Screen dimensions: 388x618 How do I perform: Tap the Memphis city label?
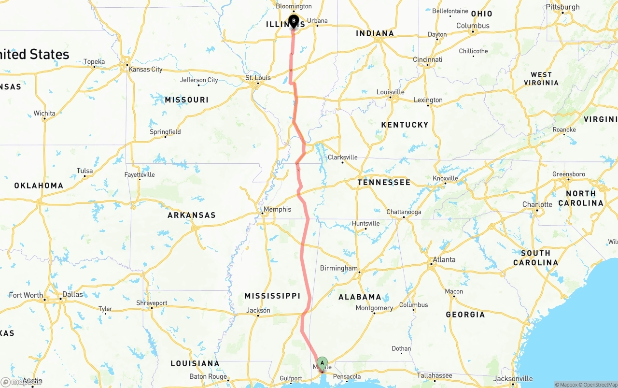coord(277,209)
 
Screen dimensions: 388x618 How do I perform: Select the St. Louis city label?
coord(258,78)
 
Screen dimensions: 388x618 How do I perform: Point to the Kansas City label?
coord(145,69)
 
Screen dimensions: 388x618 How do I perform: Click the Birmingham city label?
coord(339,268)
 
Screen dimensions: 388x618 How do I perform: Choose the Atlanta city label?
coord(444,259)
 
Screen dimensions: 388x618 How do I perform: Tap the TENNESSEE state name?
coord(384,182)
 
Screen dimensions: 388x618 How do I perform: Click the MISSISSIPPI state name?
coord(272,296)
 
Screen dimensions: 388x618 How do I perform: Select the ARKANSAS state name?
coord(192,215)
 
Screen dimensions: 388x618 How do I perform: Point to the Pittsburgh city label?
coord(562,7)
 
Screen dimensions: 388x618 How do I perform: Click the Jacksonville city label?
coord(513,379)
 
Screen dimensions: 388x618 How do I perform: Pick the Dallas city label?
coord(72,294)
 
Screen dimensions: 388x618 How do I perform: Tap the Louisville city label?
coord(390,92)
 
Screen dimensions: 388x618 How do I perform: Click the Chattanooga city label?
coord(404,212)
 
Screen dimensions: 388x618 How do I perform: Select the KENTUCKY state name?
coord(405,125)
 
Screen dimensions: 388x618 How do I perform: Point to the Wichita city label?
coord(44,114)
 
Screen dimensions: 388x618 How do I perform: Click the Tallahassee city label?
coord(435,375)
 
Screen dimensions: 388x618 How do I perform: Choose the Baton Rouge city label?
coord(208,376)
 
